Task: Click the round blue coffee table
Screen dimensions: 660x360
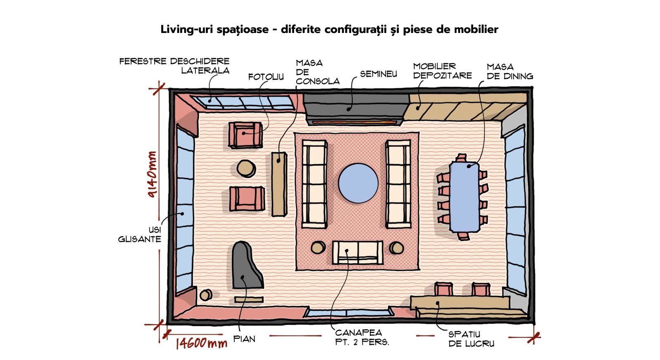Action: pyautogui.click(x=358, y=183)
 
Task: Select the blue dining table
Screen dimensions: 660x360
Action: pyautogui.click(x=464, y=198)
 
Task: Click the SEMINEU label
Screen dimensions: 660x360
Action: pyautogui.click(x=378, y=74)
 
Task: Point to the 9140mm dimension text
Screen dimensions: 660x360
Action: pyautogui.click(x=152, y=174)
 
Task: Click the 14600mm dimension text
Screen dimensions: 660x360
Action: pyautogui.click(x=202, y=343)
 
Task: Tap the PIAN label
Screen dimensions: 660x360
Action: pyautogui.click(x=244, y=339)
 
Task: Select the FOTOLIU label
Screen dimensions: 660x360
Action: pyautogui.click(x=266, y=77)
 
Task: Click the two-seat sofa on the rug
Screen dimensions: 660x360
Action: pyautogui.click(x=358, y=252)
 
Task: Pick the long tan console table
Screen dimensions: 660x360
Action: pyautogui.click(x=279, y=184)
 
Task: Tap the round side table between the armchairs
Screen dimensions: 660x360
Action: pyautogui.click(x=246, y=168)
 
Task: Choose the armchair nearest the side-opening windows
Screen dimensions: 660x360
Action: pyautogui.click(x=245, y=135)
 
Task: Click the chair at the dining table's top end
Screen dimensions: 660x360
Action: pyautogui.click(x=461, y=158)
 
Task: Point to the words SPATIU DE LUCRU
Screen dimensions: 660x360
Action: pyautogui.click(x=471, y=339)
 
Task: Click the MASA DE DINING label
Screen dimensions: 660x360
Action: pyautogui.click(x=510, y=72)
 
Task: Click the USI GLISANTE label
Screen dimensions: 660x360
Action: pyautogui.click(x=140, y=235)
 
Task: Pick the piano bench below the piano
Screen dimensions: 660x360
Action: pyautogui.click(x=249, y=300)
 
